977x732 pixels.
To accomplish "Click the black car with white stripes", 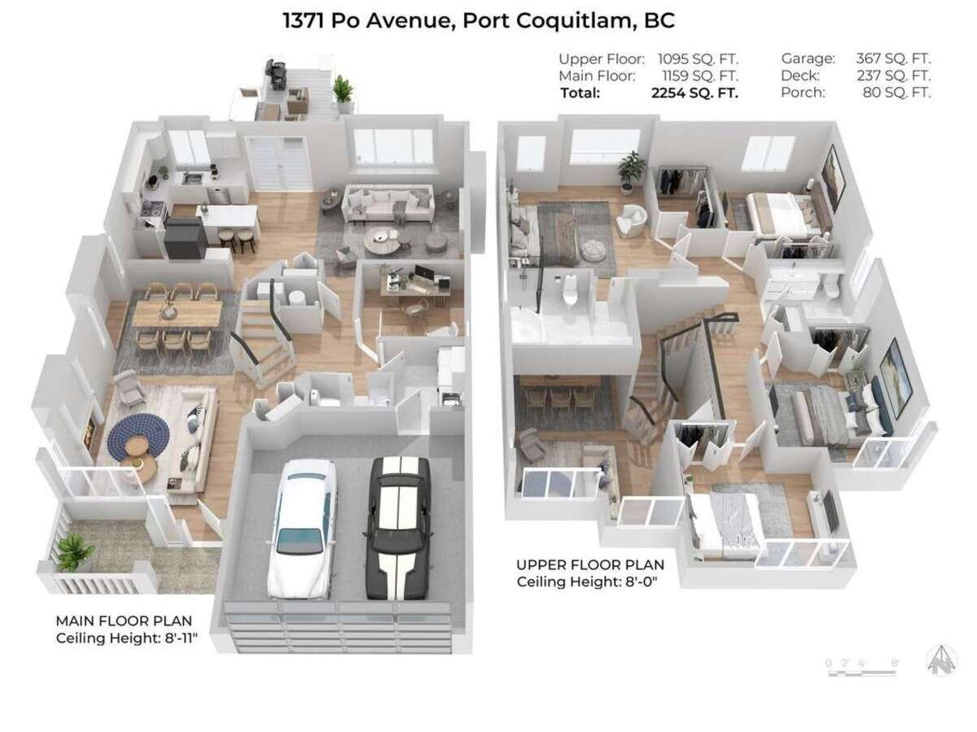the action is pos(398,528).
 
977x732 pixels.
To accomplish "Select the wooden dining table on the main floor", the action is pos(178,312).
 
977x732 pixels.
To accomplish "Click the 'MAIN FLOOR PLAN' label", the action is pos(124,621).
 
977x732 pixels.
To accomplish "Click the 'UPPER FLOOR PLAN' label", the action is pos(590,565).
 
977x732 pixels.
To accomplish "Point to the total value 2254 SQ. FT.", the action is pos(694,93).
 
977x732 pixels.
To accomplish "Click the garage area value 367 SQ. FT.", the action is pos(893,59).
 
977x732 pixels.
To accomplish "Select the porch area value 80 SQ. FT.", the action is pos(897,93).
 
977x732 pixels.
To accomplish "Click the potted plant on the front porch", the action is pos(76,552).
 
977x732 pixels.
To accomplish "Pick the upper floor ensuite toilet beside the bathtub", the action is pos(570,290).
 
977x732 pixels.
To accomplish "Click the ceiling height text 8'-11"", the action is pos(180,638).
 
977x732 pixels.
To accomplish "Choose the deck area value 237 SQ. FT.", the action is pos(894,76).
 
